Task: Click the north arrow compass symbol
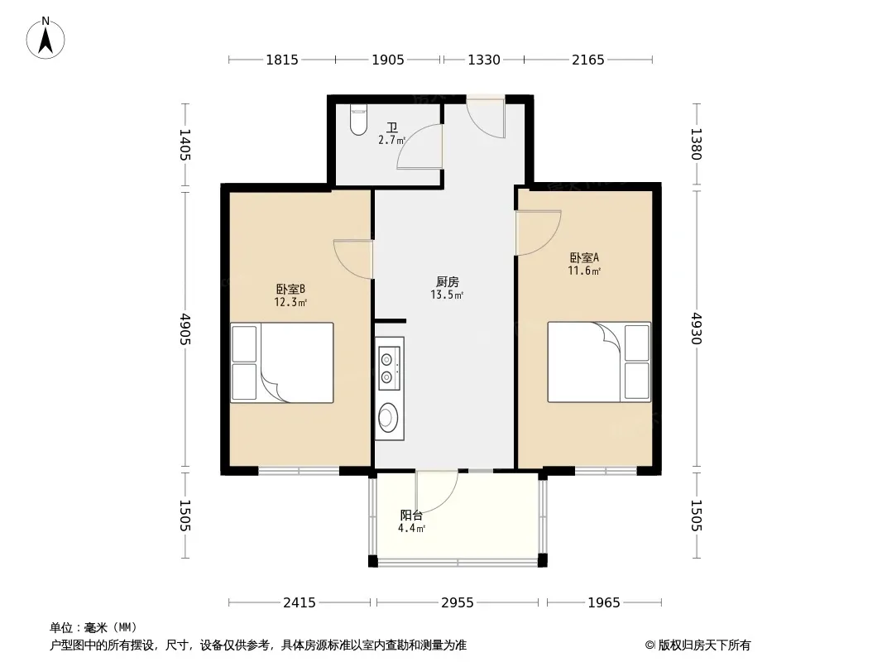coord(46,38)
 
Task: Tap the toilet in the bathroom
coord(358,120)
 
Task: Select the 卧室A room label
coord(584,257)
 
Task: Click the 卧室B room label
coord(290,289)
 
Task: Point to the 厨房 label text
coord(447,282)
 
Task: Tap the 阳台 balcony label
coord(411,516)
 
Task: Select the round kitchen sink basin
coord(386,417)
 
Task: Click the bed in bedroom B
coord(282,362)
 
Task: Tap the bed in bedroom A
coord(599,362)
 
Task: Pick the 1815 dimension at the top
coord(282,60)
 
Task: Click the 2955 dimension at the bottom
coord(458,603)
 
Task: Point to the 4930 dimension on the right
coord(697,329)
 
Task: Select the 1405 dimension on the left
coord(185,145)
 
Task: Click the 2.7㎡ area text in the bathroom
coord(391,140)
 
